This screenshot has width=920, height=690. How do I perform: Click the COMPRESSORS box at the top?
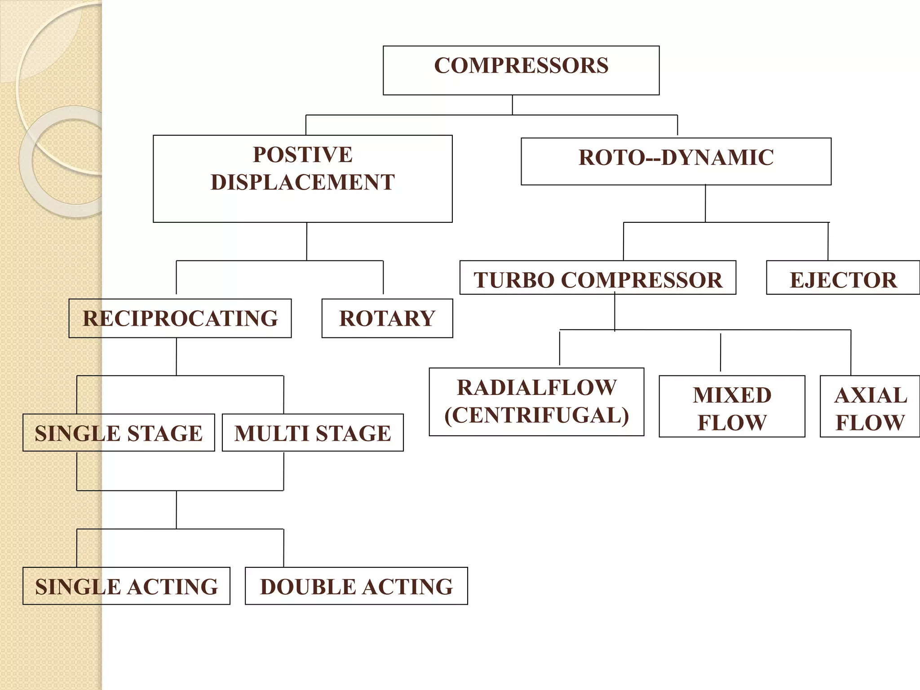521,70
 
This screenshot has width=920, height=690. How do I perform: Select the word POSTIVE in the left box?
302,155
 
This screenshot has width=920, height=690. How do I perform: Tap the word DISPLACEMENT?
302,182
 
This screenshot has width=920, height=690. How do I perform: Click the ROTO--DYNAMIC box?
676,161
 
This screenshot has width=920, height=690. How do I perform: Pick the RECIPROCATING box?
180,318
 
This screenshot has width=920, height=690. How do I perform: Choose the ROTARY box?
387,318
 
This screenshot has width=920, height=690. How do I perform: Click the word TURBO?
514,280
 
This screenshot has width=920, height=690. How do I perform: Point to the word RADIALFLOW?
537,388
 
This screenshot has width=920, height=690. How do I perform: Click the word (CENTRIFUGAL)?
537,416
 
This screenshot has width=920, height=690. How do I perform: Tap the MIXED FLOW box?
732,407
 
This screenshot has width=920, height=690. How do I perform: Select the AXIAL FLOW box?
870,407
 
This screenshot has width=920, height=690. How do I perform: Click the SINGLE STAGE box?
119,433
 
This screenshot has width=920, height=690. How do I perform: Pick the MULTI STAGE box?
313,433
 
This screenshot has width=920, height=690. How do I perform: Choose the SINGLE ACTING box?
126,586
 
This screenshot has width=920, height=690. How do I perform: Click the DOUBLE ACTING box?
356,586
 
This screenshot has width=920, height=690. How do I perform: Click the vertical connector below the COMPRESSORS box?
513,105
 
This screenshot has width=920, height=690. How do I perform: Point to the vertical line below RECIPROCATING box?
177,356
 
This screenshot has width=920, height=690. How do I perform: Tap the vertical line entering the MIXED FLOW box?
721,353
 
